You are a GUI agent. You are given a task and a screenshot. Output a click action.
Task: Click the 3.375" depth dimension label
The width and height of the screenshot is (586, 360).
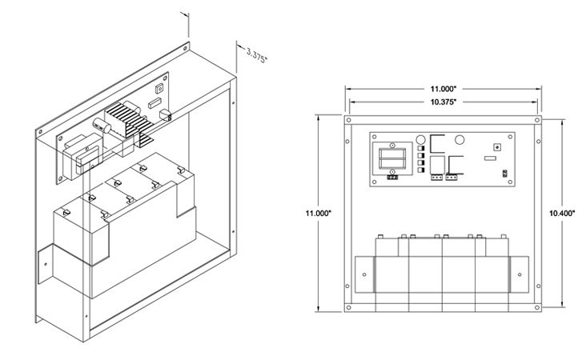tap(257, 54)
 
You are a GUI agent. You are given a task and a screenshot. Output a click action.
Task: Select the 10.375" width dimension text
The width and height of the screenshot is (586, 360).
tap(442, 102)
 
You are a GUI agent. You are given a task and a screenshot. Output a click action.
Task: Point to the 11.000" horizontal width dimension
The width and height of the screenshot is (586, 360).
tap(442, 89)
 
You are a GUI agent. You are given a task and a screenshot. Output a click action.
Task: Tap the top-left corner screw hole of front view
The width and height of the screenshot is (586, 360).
tap(350, 120)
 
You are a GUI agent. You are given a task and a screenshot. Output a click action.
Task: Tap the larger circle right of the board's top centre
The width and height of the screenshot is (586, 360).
tap(460, 140)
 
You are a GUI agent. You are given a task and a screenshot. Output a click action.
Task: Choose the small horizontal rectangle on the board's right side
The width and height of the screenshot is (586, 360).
tap(489, 158)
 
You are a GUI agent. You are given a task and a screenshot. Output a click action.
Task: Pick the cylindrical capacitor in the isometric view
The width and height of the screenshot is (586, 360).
tap(102, 128)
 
